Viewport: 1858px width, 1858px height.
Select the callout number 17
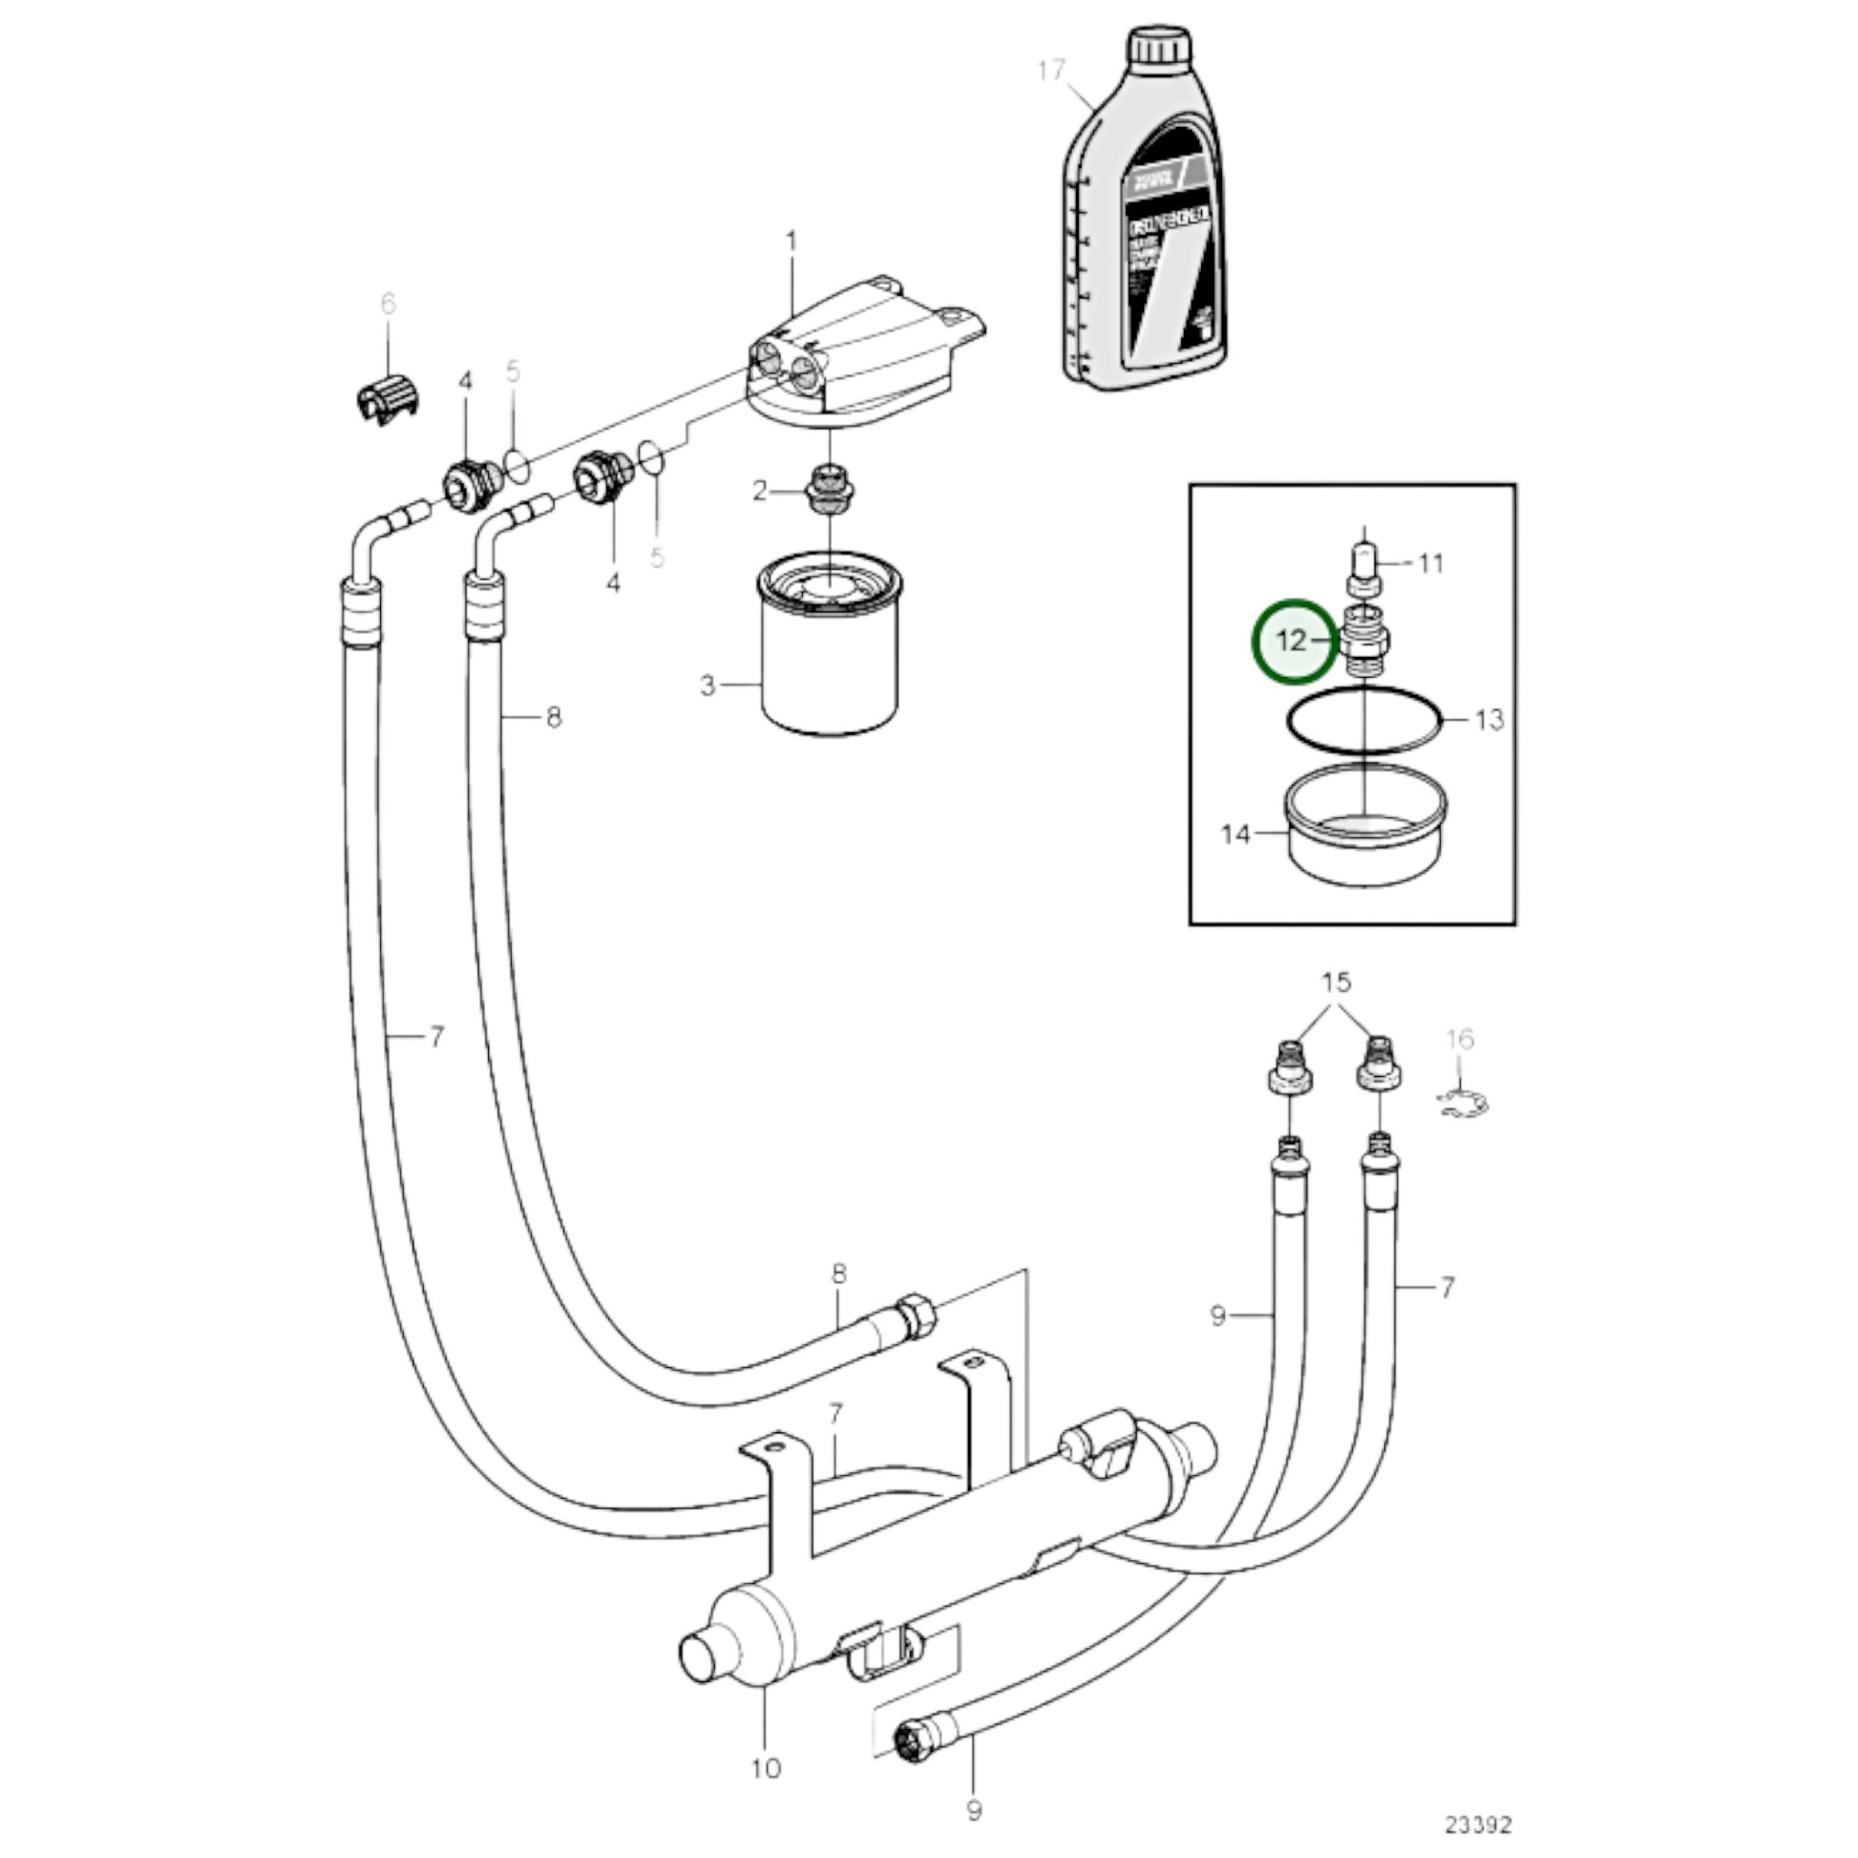pos(1052,71)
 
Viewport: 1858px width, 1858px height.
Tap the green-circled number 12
pos(1293,641)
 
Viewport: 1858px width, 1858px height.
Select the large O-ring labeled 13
pos(1363,719)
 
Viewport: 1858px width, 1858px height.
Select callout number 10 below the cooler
pos(767,1766)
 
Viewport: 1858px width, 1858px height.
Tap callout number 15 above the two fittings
pos(1336,982)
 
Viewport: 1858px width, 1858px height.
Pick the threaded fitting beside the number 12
pos(1365,643)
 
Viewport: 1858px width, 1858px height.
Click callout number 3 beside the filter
pos(707,686)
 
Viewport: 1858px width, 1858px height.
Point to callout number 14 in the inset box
pos(1235,834)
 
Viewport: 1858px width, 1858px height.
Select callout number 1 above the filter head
pos(792,241)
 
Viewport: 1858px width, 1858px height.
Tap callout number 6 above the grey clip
pos(388,304)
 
